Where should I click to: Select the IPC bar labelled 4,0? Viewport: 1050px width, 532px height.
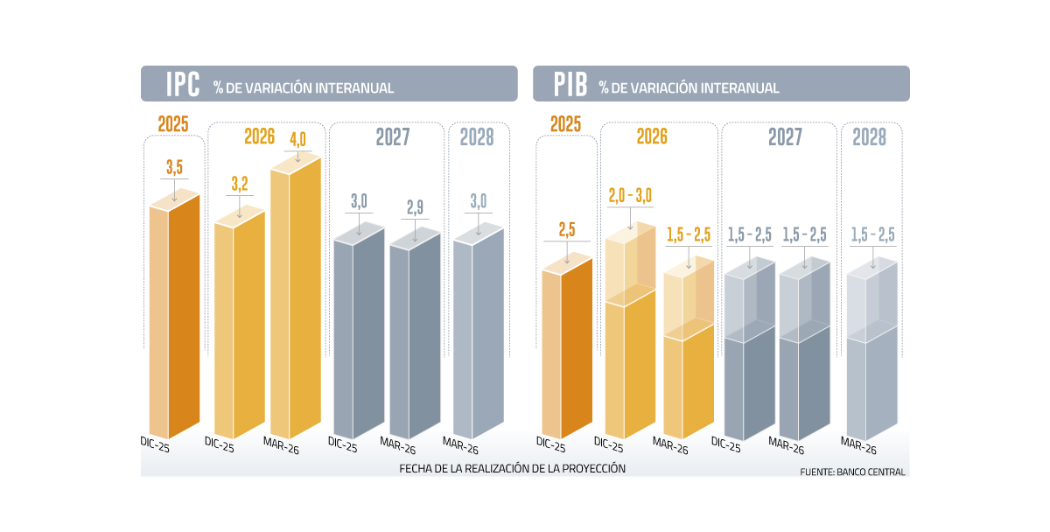click(295, 297)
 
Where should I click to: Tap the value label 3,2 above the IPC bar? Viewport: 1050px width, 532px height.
click(240, 184)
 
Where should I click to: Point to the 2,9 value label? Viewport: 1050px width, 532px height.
click(415, 207)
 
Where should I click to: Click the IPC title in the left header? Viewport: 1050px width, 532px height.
click(183, 85)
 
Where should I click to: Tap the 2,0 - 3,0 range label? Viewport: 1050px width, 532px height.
click(630, 194)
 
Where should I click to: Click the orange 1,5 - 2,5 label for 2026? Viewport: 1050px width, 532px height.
click(689, 234)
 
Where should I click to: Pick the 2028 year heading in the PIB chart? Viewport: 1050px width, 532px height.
click(870, 137)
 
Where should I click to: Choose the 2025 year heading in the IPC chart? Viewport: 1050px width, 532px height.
click(173, 124)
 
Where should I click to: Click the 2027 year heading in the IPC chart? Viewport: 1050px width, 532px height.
click(393, 137)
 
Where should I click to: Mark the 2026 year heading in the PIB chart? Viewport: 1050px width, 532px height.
click(652, 137)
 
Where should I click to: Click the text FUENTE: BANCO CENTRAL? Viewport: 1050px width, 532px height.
click(852, 472)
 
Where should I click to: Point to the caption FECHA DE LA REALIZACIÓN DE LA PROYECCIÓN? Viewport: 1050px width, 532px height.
click(513, 468)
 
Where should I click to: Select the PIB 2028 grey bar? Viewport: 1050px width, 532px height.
click(871, 350)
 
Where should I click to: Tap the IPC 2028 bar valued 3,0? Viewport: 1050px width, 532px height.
click(478, 332)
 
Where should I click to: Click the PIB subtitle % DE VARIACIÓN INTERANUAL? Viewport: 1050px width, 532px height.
click(689, 88)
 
